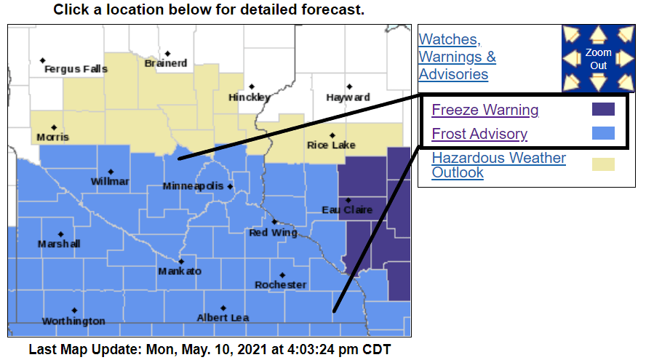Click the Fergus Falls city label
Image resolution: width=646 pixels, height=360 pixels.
76,69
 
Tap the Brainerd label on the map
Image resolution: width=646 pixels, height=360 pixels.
166,63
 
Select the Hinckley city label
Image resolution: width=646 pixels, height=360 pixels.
250,97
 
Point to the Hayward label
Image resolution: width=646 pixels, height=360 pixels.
348,97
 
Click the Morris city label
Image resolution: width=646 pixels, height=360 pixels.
53,137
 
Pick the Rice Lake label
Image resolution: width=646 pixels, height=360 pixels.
331,145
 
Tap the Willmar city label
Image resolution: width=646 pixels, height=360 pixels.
110,181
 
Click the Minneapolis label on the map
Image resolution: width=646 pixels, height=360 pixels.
193,186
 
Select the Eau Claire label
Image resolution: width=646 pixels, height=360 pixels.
347,210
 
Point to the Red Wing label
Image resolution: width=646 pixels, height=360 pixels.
273,233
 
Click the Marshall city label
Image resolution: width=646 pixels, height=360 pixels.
59,244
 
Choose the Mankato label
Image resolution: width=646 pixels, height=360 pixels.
180,271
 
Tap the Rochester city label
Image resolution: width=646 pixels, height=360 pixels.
280,284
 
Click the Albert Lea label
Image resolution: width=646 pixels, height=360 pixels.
223,317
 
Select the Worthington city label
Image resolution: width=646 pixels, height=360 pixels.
73,321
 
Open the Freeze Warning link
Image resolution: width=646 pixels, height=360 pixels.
485,110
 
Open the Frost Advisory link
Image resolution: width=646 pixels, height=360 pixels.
479,134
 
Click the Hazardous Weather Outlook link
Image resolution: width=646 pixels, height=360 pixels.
498,165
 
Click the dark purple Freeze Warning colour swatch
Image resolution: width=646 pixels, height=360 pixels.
603,109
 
